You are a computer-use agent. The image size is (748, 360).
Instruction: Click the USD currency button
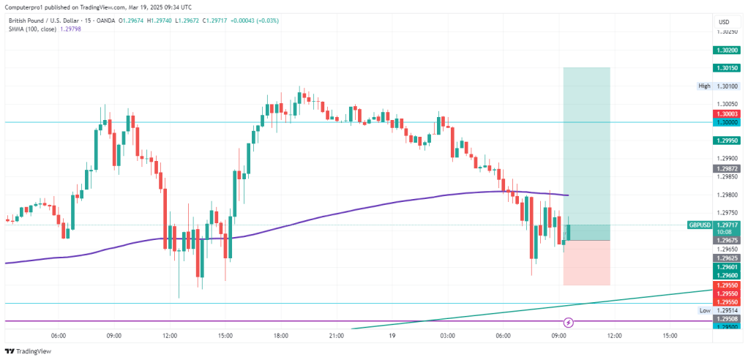click(x=724, y=22)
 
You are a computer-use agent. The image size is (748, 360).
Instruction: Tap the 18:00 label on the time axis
click(x=280, y=336)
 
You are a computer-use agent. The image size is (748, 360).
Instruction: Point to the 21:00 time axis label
click(x=336, y=336)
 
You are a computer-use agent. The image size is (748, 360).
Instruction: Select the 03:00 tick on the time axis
click(x=447, y=336)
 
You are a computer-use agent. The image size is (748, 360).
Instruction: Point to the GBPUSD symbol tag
click(x=700, y=225)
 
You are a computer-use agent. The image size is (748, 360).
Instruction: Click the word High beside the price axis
click(x=704, y=86)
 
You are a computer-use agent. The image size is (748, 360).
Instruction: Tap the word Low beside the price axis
click(x=705, y=310)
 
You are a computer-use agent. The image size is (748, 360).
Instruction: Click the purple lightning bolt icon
click(x=569, y=322)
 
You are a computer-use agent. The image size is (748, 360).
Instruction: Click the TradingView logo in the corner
click(x=29, y=351)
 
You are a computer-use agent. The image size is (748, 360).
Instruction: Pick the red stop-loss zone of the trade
click(x=586, y=263)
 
